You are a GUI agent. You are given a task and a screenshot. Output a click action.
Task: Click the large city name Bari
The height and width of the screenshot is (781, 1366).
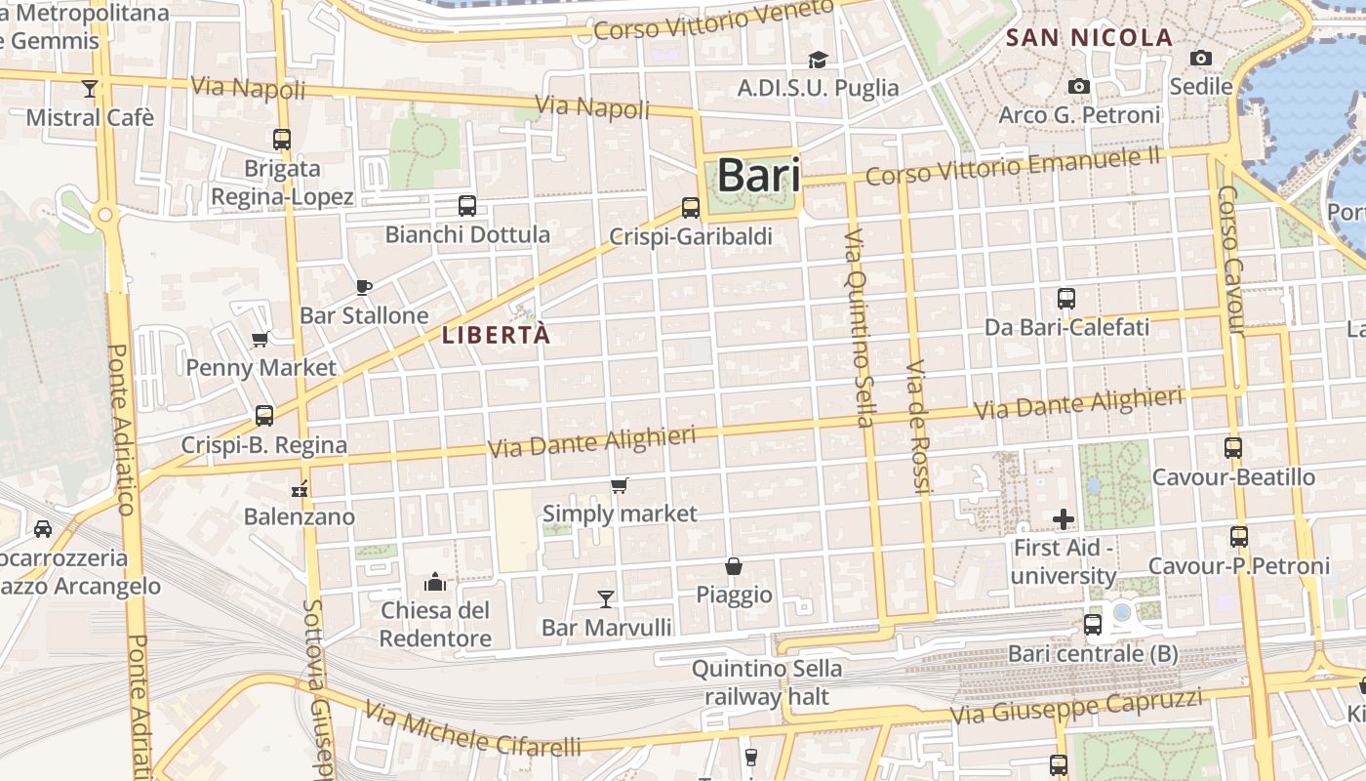point(758,177)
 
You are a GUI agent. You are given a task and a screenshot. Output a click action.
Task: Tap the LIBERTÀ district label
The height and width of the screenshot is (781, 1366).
point(497,335)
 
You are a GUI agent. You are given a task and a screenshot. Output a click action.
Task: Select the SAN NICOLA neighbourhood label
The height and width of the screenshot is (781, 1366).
point(1089,38)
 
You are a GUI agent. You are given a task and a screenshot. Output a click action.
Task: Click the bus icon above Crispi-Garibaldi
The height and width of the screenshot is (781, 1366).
point(691,207)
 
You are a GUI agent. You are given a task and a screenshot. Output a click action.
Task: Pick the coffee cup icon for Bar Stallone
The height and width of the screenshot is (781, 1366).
point(363,287)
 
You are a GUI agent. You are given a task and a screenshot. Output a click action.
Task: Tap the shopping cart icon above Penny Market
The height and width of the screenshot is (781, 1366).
point(261,339)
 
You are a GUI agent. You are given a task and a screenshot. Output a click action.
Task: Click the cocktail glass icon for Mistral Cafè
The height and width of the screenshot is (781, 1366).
point(90,89)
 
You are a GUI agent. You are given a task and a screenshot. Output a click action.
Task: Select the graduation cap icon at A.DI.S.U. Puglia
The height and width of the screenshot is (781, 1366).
point(818,61)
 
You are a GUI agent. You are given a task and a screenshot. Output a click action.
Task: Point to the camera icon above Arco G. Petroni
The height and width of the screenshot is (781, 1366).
point(1078,86)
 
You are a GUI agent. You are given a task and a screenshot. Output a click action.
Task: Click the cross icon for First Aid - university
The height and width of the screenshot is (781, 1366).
point(1064,519)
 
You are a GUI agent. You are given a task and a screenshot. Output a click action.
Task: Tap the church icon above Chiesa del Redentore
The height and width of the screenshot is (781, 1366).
point(435,583)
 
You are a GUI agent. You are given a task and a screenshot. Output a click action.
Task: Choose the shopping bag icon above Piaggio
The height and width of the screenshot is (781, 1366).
point(734,566)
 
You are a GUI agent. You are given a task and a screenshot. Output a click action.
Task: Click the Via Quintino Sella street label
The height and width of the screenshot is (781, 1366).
point(858,328)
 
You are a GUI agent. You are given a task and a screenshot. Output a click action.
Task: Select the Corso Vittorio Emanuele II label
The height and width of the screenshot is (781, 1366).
point(1013,166)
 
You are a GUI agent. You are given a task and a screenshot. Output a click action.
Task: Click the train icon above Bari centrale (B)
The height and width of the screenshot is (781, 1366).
point(1093,625)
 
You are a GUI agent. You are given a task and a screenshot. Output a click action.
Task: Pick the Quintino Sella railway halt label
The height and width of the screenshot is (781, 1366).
point(767,682)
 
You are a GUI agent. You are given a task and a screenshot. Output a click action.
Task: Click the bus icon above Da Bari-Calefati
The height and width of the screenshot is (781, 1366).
point(1066,299)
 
